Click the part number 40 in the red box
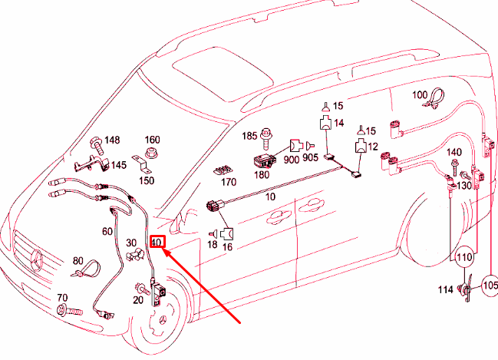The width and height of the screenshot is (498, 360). click(x=157, y=243)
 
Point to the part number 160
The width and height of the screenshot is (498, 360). click(x=153, y=140)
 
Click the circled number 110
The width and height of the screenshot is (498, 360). click(x=463, y=257)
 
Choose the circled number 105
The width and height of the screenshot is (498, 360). click(x=490, y=286)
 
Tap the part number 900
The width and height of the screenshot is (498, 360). click(x=291, y=159)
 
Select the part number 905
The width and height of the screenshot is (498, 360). click(x=310, y=159)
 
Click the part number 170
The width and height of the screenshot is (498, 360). click(x=228, y=183)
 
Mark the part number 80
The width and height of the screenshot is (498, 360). click(x=78, y=261)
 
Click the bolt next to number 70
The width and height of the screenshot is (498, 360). click(x=64, y=311)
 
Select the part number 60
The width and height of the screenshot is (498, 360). click(x=107, y=230)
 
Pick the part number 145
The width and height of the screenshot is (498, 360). click(x=118, y=165)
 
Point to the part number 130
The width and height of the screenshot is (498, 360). click(x=463, y=186)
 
